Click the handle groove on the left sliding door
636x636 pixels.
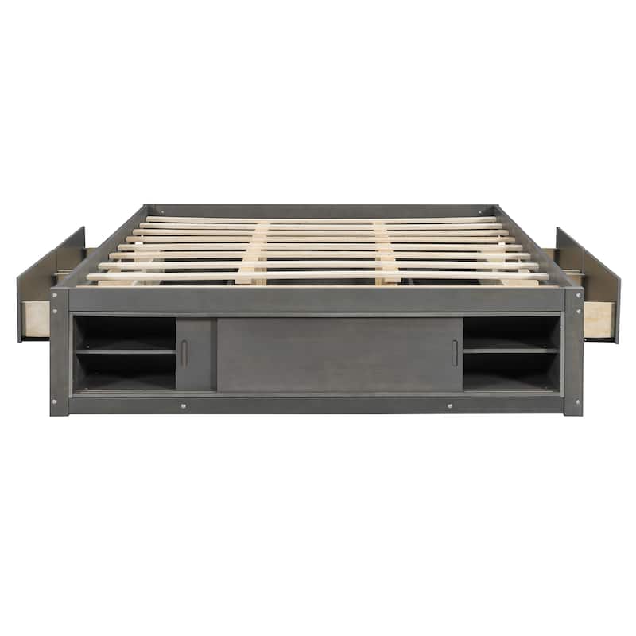tap(184, 354)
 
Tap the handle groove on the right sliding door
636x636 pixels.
tap(455, 354)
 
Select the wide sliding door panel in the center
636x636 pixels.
tap(339, 355)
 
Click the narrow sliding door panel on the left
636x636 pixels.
tap(196, 355)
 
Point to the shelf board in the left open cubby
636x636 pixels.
tap(125, 350)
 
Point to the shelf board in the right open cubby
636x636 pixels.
tap(511, 350)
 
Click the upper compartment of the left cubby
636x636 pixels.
tap(125, 332)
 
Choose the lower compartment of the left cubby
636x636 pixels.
tap(125, 370)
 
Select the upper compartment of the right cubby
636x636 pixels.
tap(511, 332)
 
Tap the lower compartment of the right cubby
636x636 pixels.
tap(511, 370)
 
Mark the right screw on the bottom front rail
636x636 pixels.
tap(450, 405)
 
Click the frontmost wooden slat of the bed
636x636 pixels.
tap(318, 276)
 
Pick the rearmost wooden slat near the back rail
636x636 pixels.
tap(318, 219)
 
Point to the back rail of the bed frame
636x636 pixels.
tap(318, 210)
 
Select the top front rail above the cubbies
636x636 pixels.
tap(318, 300)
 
